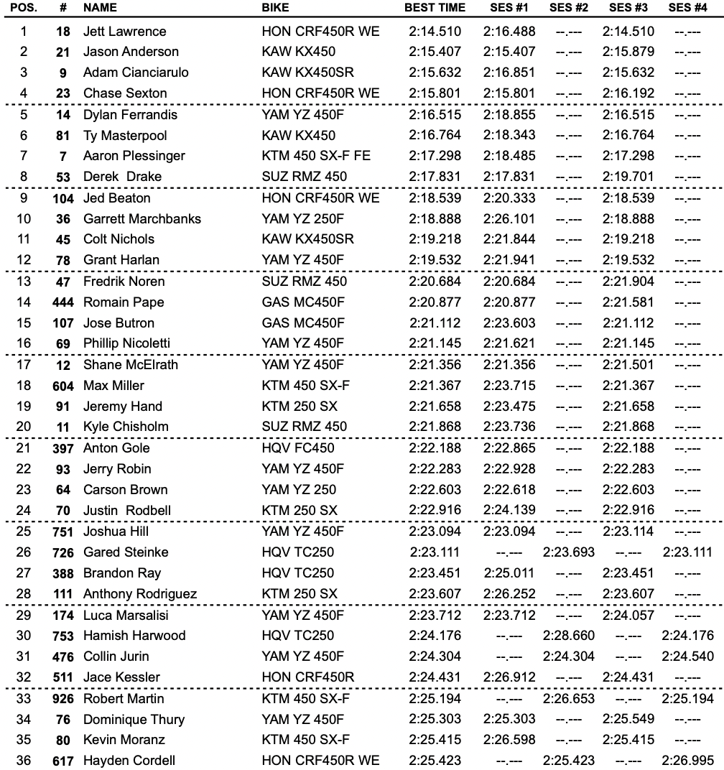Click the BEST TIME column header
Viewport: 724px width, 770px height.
[435, 8]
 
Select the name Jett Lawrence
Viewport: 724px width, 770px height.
[124, 32]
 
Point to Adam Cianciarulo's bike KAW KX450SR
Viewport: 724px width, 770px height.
[307, 73]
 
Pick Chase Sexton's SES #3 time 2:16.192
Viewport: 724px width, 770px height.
[628, 93]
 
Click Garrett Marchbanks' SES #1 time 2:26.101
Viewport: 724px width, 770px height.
[509, 219]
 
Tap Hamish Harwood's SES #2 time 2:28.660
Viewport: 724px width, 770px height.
[569, 636]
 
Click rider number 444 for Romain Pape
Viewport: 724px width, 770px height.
[63, 302]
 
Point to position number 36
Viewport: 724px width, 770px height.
[24, 761]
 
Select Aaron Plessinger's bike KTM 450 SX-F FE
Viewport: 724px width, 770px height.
[316, 156]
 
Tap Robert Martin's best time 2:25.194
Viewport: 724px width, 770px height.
[435, 719]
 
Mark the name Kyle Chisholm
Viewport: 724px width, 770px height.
[126, 427]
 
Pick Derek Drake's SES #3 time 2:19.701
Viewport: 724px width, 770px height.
[628, 177]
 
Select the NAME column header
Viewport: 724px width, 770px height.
[100, 8]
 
